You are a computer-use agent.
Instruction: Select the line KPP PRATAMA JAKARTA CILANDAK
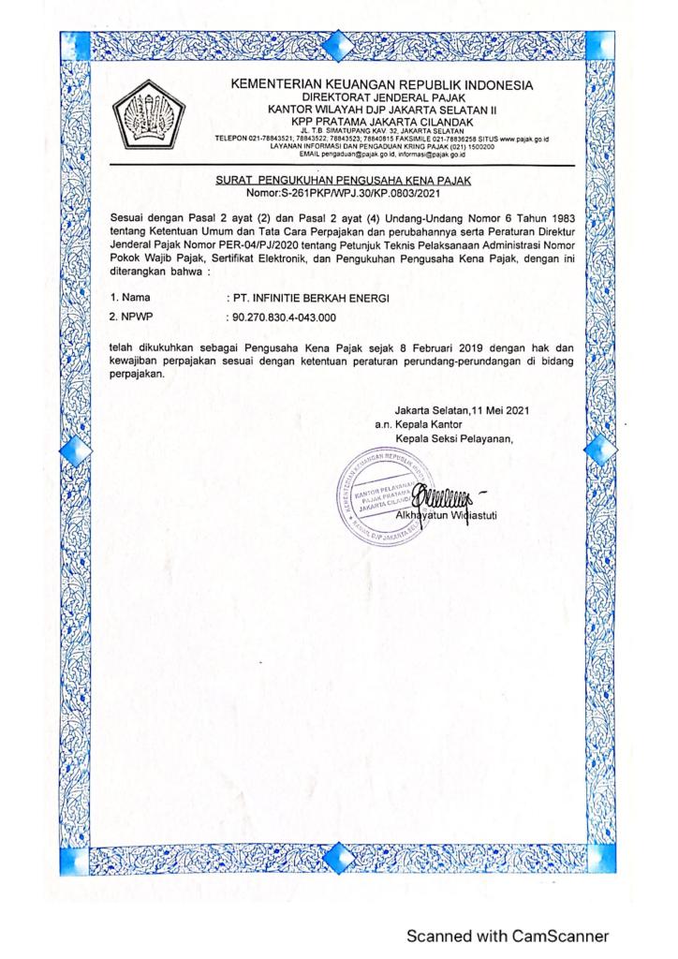click(381, 120)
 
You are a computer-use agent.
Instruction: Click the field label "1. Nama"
click(129, 299)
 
